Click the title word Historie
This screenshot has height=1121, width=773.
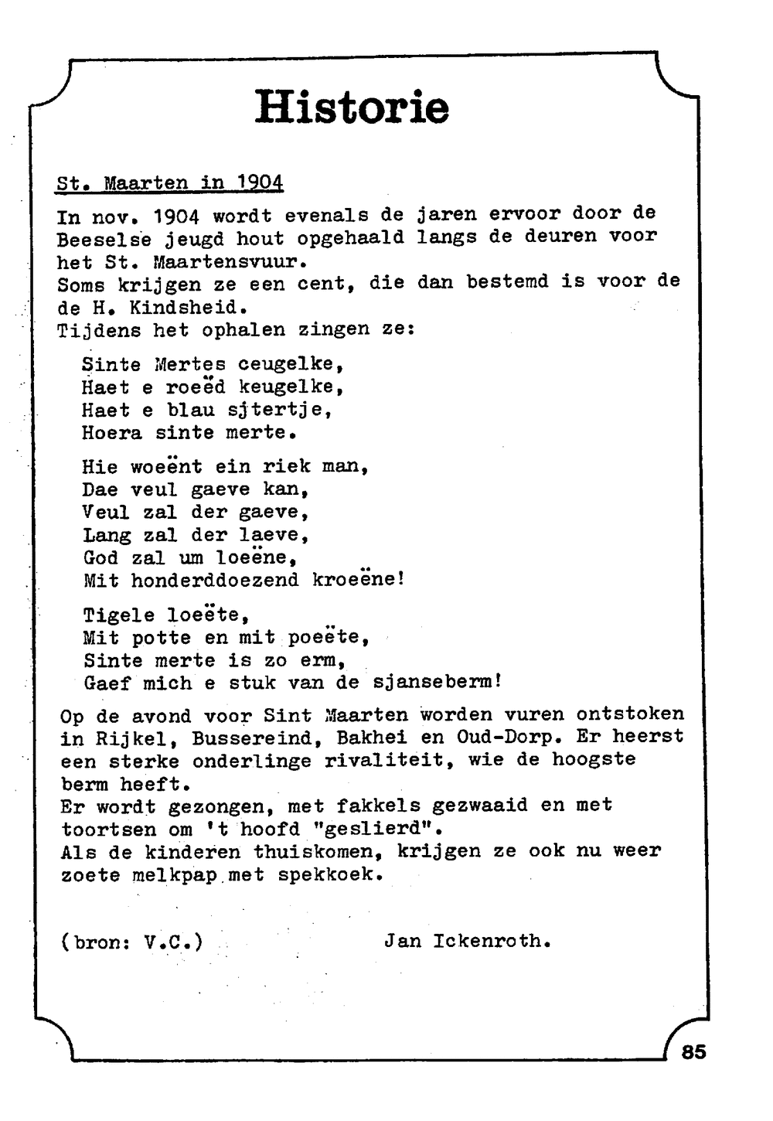point(352,107)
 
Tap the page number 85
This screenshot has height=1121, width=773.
point(693,1051)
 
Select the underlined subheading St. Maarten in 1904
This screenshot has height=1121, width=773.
point(170,183)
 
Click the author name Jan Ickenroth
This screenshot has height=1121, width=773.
point(467,942)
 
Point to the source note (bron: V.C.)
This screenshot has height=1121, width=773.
point(131,942)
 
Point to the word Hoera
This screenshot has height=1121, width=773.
point(112,433)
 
